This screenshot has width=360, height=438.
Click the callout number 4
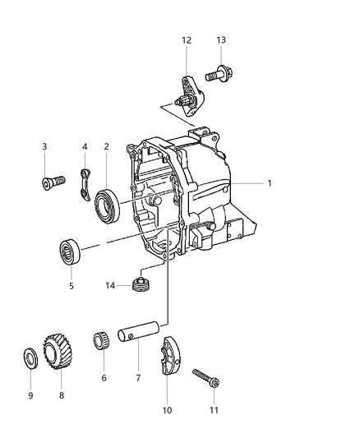[84, 147]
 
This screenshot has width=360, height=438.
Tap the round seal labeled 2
[108, 204]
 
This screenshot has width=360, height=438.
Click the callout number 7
[137, 377]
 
